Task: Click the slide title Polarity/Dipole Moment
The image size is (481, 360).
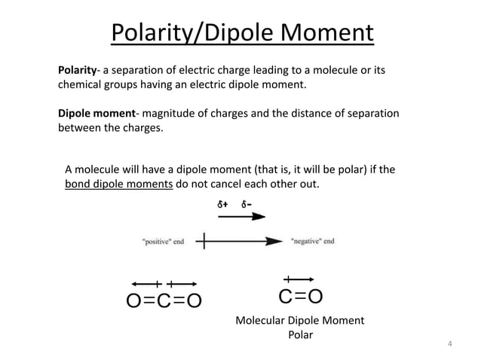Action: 241,33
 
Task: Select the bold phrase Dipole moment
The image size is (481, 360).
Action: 97,114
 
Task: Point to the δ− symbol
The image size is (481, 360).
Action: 247,204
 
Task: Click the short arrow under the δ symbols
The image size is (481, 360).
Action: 241,216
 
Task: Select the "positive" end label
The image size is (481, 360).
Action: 163,242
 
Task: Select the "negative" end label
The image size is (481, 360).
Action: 313,242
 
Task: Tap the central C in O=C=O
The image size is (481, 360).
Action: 164,301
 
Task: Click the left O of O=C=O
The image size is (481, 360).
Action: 133,301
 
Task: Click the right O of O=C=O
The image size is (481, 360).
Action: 194,301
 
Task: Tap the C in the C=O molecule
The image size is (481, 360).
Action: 286,297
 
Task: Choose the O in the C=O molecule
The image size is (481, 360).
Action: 316,297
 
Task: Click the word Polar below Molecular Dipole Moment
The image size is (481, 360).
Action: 300,335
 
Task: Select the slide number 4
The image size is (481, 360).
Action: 450,346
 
